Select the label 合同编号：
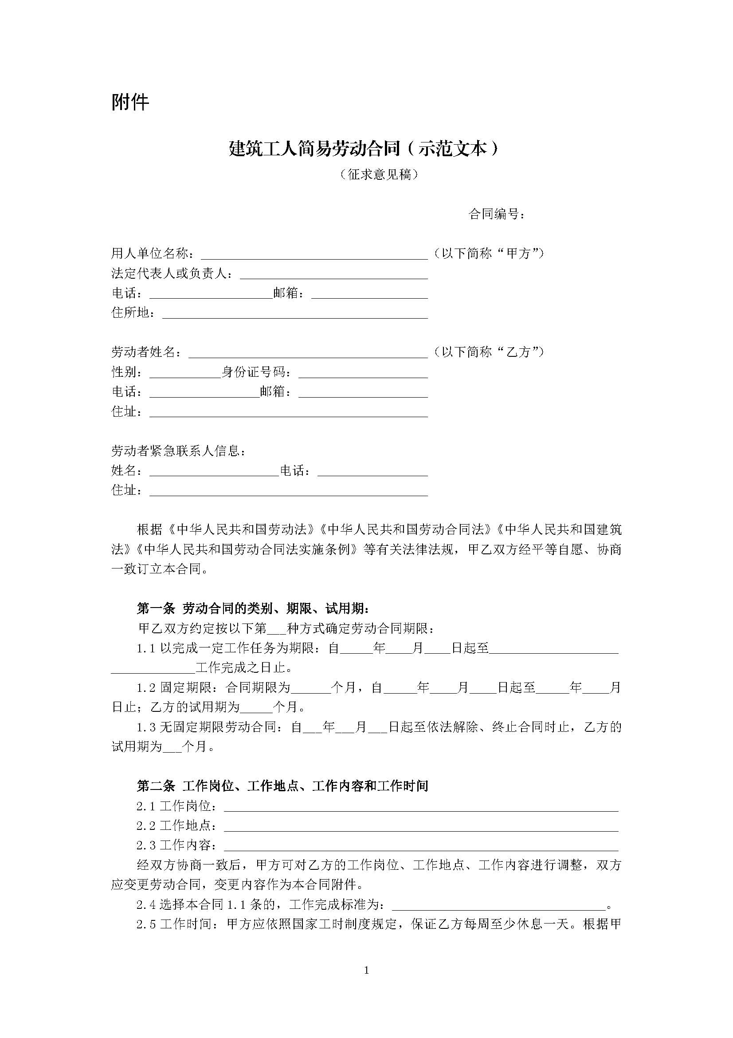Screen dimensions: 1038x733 (497, 214)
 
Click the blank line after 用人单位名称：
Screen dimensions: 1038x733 (314, 255)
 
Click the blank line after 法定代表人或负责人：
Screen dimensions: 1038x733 (333, 275)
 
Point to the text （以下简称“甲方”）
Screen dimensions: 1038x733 (488, 253)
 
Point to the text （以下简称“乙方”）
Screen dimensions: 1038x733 (488, 352)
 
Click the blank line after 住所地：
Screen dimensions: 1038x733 (294, 314)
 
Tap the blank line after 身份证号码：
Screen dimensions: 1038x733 (363, 373)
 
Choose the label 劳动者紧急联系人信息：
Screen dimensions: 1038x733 (179, 451)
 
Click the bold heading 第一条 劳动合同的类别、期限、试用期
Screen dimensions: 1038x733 (253, 609)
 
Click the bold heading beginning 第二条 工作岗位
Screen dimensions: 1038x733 (282, 786)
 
